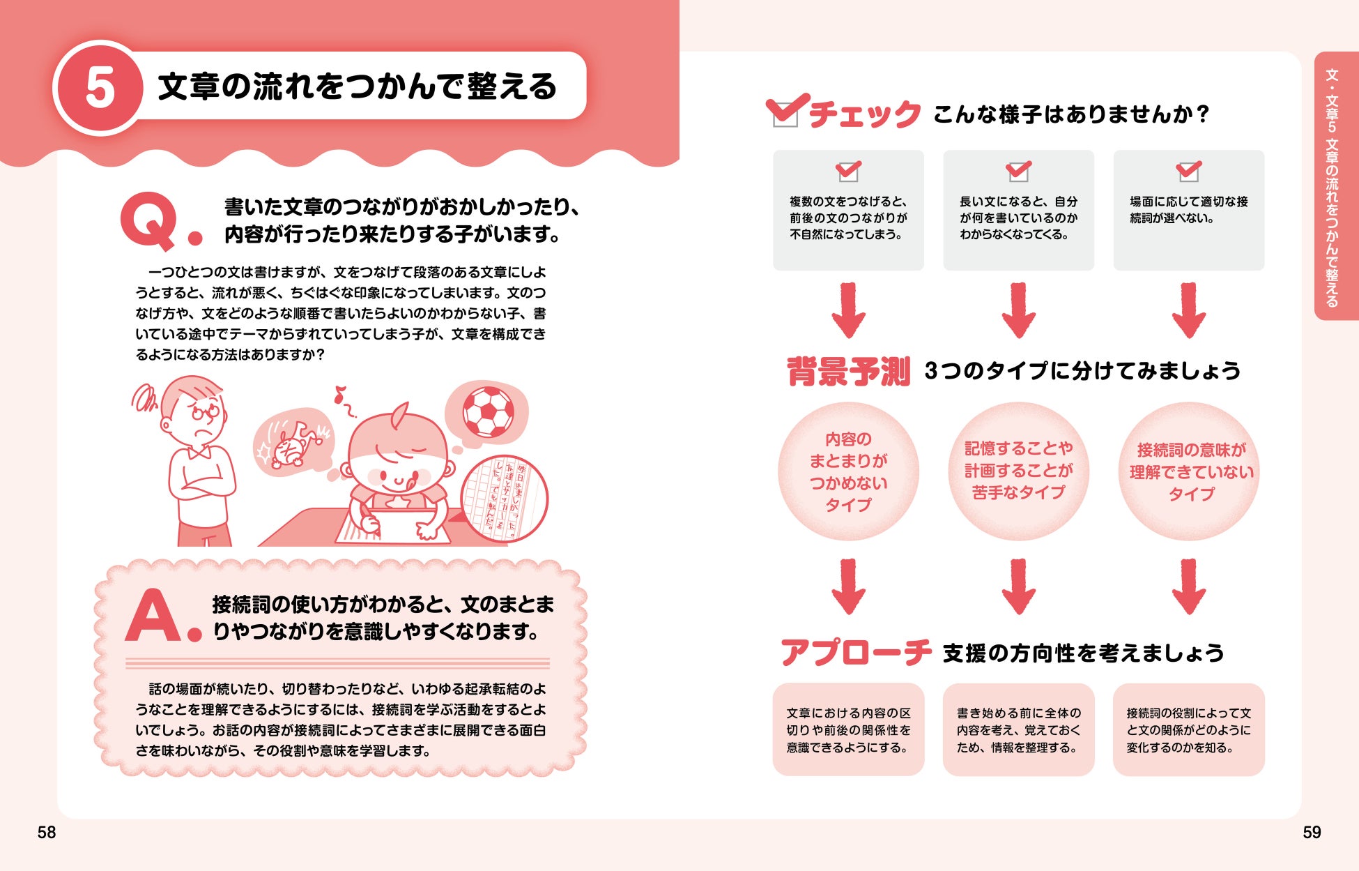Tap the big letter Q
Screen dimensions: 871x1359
[148, 220]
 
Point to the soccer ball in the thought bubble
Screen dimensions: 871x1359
[488, 412]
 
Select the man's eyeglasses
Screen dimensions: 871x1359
[204, 412]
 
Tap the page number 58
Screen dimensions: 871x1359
[47, 832]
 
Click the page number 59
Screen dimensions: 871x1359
[1312, 832]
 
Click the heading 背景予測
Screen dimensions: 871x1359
[848, 371]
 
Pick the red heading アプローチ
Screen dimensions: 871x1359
[856, 653]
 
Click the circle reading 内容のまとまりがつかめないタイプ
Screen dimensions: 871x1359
[848, 471]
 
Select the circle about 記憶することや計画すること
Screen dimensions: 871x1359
[1018, 471]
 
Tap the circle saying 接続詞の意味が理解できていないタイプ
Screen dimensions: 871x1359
[1189, 471]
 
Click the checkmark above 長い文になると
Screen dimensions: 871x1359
[1018, 170]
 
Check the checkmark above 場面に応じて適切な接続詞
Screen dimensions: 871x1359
[1188, 170]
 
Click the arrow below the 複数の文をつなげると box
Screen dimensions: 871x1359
[848, 311]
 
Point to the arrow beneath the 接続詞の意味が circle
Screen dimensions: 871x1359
[1189, 586]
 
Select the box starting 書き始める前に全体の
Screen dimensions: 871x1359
[1018, 729]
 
